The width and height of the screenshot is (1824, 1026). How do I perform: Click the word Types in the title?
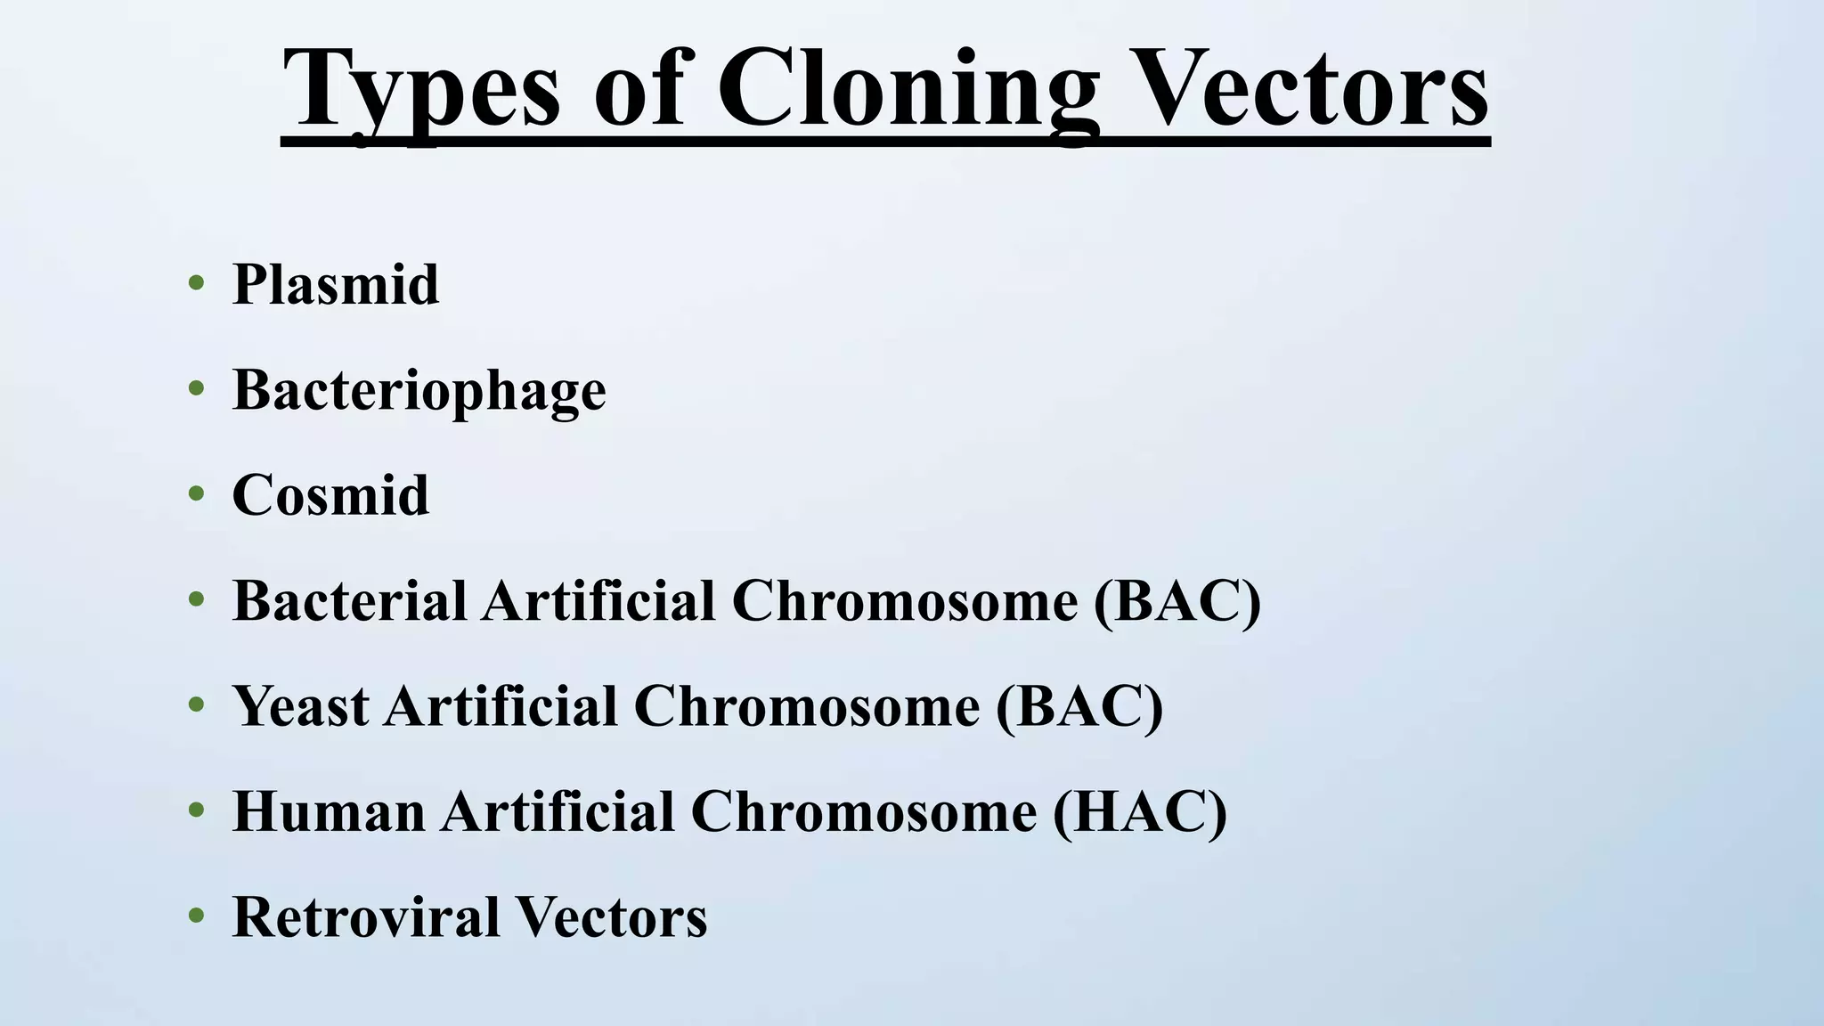[x=421, y=89]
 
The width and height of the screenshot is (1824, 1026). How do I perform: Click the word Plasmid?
[x=335, y=285]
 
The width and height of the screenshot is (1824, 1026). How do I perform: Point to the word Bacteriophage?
[x=419, y=390]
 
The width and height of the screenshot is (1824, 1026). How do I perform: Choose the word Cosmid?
[x=330, y=495]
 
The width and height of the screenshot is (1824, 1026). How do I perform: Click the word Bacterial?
[x=349, y=600]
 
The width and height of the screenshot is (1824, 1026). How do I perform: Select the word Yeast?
[x=301, y=706]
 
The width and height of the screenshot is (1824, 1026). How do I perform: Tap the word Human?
[x=329, y=811]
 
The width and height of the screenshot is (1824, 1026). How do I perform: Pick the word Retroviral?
[x=365, y=917]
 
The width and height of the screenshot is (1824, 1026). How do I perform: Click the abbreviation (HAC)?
[x=1139, y=811]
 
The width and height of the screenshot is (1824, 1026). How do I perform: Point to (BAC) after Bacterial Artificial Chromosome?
[x=1177, y=600]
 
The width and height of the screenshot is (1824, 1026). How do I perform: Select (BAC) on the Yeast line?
[x=1079, y=706]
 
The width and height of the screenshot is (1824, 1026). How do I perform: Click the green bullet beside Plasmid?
[x=197, y=285]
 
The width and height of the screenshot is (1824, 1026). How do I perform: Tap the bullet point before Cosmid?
[x=197, y=495]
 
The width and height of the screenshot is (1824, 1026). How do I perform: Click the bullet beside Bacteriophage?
[x=197, y=389]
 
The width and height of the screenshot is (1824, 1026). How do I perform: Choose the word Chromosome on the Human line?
[x=863, y=811]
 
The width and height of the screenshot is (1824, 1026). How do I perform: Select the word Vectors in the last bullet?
[x=611, y=917]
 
